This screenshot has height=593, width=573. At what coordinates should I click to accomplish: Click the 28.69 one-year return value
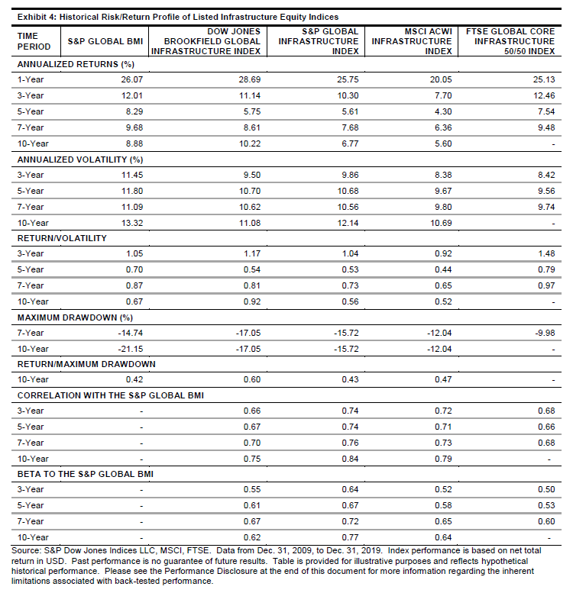(248, 79)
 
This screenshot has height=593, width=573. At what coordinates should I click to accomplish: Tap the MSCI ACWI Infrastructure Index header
(419, 41)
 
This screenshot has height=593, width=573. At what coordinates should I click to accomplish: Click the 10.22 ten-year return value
(248, 143)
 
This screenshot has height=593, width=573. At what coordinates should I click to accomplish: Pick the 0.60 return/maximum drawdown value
(251, 379)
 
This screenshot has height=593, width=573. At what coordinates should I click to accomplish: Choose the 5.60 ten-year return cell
(442, 143)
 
